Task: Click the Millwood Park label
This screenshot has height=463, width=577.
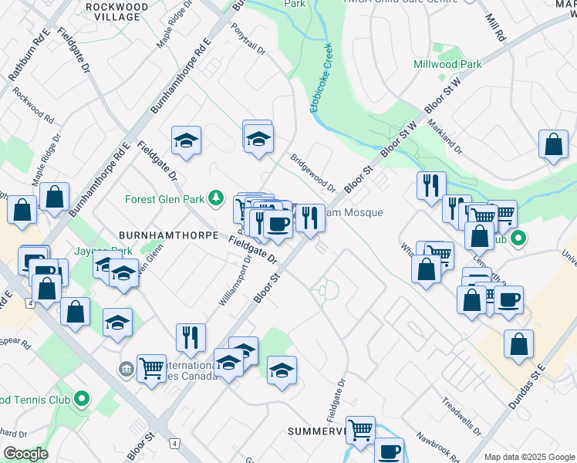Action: pyautogui.click(x=447, y=65)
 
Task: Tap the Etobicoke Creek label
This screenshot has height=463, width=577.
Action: pyautogui.click(x=322, y=79)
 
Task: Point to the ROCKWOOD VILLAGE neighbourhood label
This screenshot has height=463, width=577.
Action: pyautogui.click(x=118, y=11)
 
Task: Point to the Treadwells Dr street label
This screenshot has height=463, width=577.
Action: pyautogui.click(x=461, y=416)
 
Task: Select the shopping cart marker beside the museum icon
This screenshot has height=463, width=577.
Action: pyautogui.click(x=151, y=367)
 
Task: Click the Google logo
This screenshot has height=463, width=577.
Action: pyautogui.click(x=26, y=453)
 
